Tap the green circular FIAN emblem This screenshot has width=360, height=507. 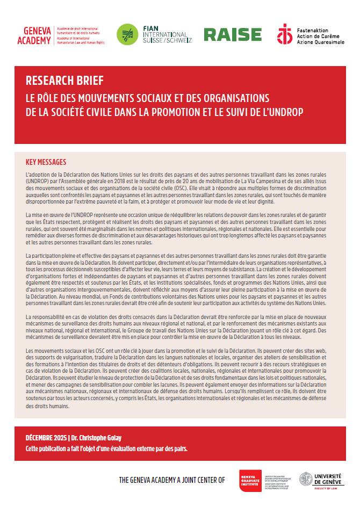coord(127,34)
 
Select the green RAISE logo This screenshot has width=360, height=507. coord(232,34)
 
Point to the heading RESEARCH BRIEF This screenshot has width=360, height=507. coord(64,81)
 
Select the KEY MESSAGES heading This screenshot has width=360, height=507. coord(46,162)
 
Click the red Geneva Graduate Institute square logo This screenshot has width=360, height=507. coord(250,480)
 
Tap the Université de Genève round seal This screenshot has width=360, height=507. coord(307,479)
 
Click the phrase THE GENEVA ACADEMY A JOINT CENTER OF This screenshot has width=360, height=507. coord(172,480)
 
